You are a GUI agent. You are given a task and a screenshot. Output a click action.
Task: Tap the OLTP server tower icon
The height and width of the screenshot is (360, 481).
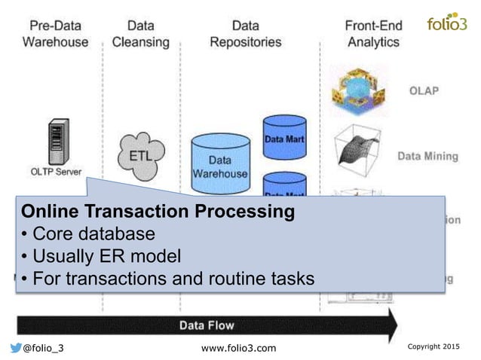point(54,139)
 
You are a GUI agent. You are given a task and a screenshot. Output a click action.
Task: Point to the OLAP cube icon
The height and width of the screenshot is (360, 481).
point(358,92)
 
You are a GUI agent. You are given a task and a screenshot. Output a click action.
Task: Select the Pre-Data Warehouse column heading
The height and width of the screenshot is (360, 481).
point(55,34)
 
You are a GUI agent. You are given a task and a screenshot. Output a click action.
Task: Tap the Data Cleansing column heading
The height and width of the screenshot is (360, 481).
point(140,34)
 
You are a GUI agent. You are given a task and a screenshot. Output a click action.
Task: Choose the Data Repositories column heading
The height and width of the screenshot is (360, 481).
point(246,34)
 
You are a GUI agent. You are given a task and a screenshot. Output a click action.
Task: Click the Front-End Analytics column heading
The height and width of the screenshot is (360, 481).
point(372,34)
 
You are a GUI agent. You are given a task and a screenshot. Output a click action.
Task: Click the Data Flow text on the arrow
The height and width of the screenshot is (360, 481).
point(206,325)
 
